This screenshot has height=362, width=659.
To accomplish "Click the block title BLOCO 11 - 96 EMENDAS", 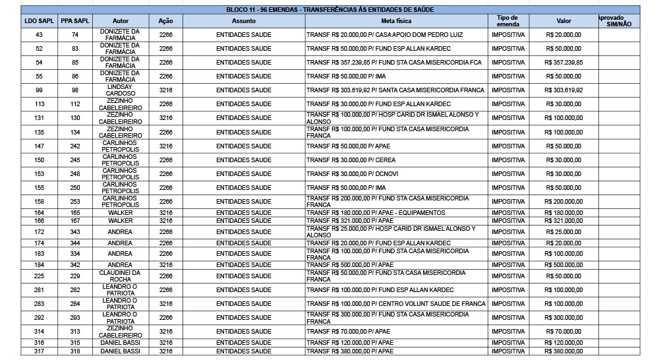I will [329, 9].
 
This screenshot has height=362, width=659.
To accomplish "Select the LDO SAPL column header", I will [39, 21].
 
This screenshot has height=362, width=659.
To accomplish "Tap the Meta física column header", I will [395, 21].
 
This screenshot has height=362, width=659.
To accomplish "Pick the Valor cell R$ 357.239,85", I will [564, 63].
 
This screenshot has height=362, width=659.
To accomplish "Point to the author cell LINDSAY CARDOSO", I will [120, 90].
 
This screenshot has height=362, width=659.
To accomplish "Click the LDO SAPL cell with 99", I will [39, 90].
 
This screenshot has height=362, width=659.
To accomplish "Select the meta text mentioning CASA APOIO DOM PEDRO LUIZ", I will [378, 35].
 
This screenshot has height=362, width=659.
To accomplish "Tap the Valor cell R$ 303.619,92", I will [564, 90].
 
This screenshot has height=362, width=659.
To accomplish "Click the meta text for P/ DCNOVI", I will [353, 174].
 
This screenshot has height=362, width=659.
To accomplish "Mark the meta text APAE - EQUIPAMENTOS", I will [376, 213].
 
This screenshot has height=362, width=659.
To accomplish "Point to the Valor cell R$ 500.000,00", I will [564, 265].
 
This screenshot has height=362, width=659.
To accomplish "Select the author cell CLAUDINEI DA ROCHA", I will [120, 276].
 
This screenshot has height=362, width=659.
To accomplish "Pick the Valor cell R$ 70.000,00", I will [564, 332].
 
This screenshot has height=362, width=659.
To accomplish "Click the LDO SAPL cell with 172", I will [39, 232].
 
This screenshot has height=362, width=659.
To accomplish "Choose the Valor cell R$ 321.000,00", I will [564, 220].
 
